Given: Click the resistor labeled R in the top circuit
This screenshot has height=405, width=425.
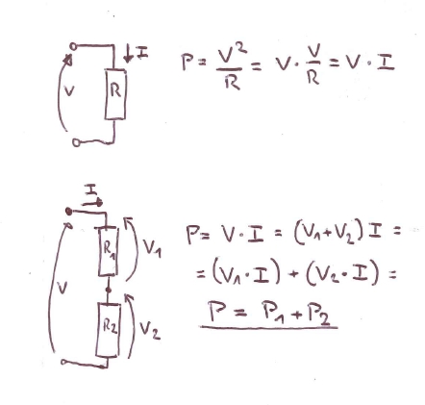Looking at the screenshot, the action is coord(115,94).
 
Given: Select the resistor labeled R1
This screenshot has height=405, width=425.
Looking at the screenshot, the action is coord(108,251).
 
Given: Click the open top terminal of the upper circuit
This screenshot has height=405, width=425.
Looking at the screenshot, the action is coord(73,47).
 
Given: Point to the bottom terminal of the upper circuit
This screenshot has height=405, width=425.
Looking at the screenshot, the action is coord(76,142).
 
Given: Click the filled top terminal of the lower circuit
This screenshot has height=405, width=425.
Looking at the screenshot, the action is coord(68,212).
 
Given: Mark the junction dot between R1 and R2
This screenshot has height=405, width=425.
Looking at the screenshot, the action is coord(109,290).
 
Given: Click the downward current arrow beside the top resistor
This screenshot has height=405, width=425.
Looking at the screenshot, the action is coord(128,55).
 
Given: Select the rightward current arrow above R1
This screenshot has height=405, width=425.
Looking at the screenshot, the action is coord(92,203).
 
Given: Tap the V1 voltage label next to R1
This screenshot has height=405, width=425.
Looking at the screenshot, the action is coord(152,248).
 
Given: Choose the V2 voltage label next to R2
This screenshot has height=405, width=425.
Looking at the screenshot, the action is coord(149,330).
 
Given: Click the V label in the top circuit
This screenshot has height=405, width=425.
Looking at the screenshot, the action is coord(69,91).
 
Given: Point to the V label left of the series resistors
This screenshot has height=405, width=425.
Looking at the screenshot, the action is coord(62,288).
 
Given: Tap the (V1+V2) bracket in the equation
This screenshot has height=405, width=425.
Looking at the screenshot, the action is coord(329,235).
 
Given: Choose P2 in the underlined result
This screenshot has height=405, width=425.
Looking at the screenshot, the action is coord(317,315).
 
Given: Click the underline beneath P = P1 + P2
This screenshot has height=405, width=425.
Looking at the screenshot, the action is coord(268,327).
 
